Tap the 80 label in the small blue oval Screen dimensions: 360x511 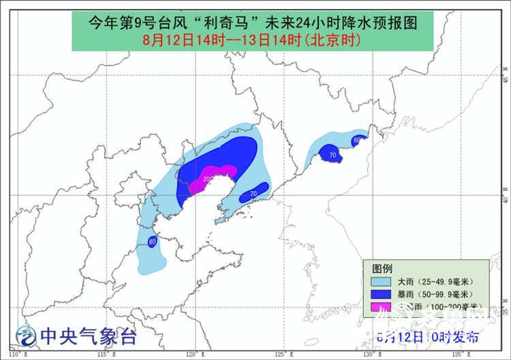(x=152, y=241)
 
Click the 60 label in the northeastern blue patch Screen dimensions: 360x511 (x=356, y=140)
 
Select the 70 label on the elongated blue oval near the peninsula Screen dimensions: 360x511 (x=253, y=194)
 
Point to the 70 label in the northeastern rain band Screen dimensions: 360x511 (x=332, y=155)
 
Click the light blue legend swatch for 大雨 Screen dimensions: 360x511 (x=379, y=281)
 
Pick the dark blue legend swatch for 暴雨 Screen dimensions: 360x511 (x=379, y=294)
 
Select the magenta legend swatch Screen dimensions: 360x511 (x=379, y=307)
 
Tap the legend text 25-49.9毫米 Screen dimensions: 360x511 (x=442, y=281)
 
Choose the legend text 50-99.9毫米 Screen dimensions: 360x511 (x=442, y=294)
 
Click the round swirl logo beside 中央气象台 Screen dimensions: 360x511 (x=26, y=335)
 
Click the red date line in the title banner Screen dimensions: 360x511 (x=251, y=40)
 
